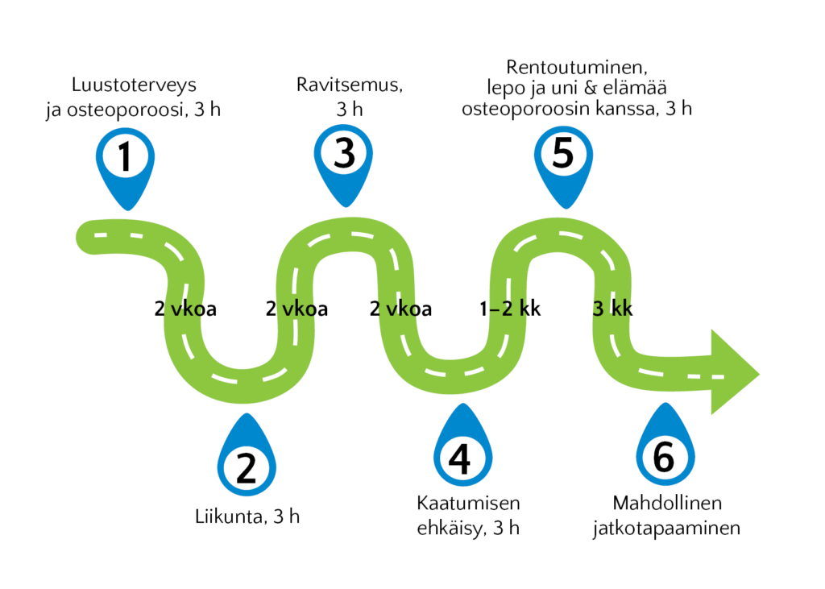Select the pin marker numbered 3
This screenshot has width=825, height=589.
(343, 164)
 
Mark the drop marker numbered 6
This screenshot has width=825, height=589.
(665, 446)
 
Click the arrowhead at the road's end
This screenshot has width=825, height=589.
(735, 372)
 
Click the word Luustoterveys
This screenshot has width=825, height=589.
(135, 85)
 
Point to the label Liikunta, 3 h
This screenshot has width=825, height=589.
(247, 516)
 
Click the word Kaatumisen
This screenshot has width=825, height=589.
(468, 504)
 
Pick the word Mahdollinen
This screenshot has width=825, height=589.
(667, 504)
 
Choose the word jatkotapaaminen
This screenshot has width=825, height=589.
(666, 529)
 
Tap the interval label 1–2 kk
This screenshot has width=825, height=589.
(510, 309)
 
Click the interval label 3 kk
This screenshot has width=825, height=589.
(612, 309)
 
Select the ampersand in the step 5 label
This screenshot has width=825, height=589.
(591, 88)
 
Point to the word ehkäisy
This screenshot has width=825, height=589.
(451, 529)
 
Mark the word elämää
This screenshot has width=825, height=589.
(635, 88)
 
